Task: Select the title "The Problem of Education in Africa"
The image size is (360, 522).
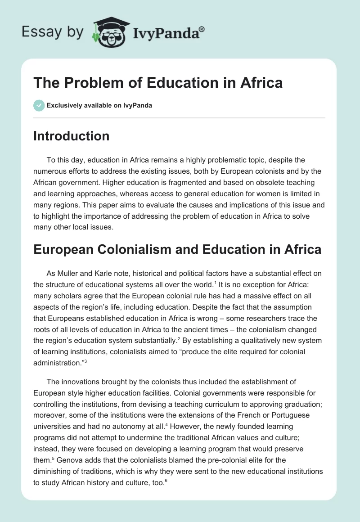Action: [158, 83]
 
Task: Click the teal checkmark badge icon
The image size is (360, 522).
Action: [39, 106]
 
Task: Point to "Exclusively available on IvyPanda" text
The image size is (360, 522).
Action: [99, 106]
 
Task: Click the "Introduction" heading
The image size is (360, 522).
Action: [71, 136]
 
